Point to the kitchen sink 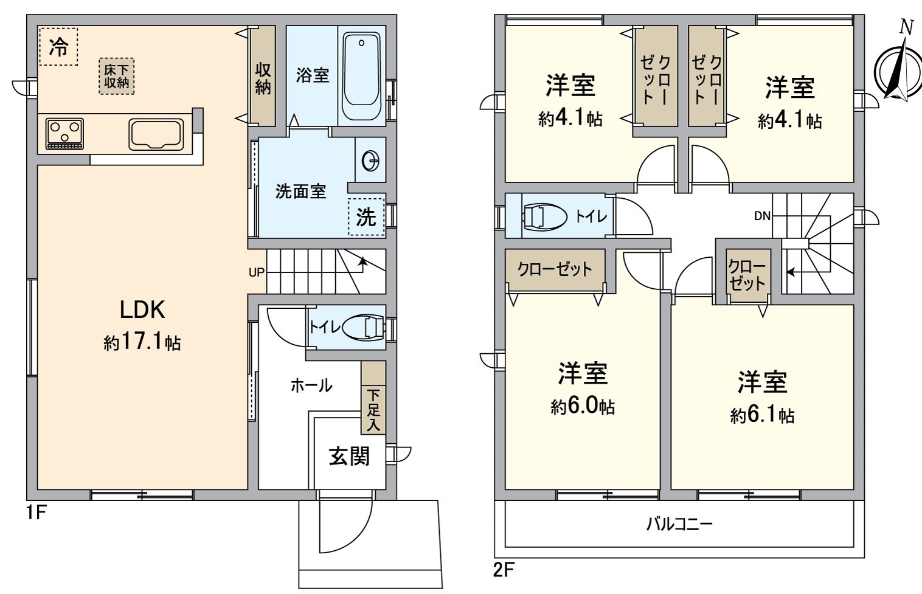[x=156, y=134]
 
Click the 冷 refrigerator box [x=58, y=46]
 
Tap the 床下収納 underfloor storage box [x=117, y=77]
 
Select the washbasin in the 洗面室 [x=370, y=161]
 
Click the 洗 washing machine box [x=366, y=217]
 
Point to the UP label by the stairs [x=257, y=272]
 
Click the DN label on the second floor [x=762, y=216]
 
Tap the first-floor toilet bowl [x=365, y=328]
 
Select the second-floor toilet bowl [x=542, y=216]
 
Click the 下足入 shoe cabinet [x=373, y=398]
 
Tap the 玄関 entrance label [x=349, y=456]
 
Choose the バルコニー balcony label [x=679, y=523]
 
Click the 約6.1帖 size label [x=762, y=416]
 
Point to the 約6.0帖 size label [x=583, y=407]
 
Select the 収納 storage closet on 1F [x=263, y=76]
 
